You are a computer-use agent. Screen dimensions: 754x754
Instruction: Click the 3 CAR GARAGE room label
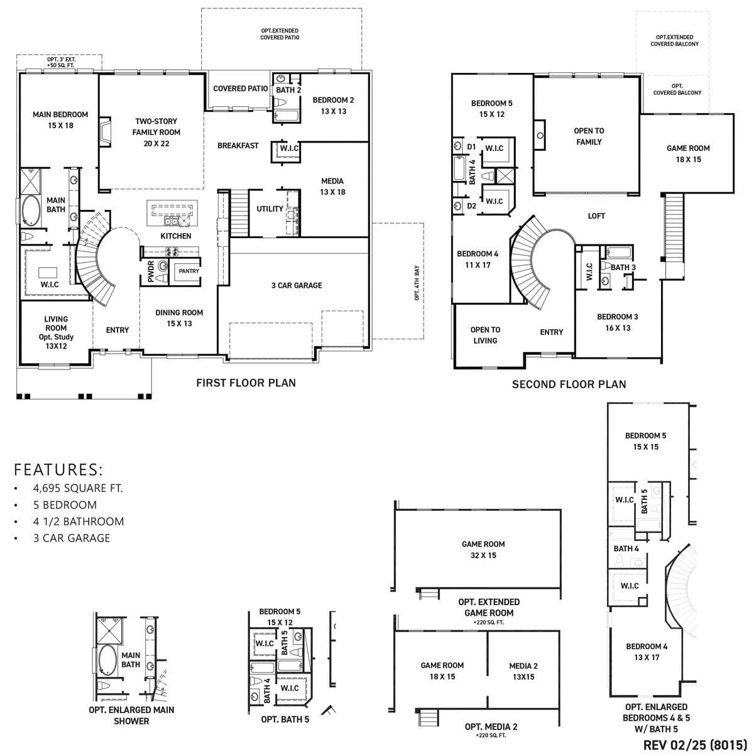297,285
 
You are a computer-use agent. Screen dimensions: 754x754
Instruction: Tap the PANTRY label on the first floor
188,271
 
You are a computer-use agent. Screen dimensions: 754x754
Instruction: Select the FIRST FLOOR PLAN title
246,383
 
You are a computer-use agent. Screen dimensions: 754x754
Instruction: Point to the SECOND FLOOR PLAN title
569,384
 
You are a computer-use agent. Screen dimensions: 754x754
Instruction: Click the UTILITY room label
270,209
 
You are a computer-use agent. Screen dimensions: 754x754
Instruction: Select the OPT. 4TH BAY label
417,283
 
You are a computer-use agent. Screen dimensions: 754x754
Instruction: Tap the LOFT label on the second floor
596,216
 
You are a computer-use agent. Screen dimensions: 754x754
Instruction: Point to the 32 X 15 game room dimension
483,555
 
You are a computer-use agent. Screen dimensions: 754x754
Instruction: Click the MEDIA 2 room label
523,666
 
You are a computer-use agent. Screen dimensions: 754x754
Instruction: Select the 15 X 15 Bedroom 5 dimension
645,447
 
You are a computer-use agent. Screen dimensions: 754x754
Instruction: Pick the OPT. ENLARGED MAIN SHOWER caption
131,715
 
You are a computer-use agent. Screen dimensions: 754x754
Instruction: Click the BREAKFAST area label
238,146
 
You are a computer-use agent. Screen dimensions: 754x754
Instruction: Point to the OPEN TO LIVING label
485,335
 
